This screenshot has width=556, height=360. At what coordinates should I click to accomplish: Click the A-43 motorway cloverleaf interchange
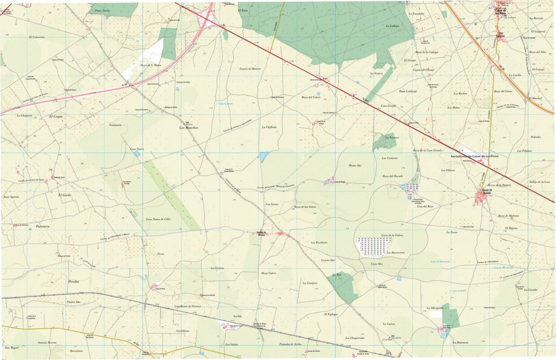pyautogui.click(x=207, y=20)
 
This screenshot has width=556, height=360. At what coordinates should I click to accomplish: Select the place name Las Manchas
pyautogui.click(x=189, y=127)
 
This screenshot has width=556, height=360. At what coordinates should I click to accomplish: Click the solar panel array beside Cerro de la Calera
pyautogui.click(x=373, y=246)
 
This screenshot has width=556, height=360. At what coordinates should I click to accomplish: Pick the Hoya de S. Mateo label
pyautogui.click(x=151, y=65)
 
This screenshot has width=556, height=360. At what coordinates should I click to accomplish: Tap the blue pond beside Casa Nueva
pyautogui.click(x=137, y=153)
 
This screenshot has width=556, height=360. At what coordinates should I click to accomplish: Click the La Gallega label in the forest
pyautogui.click(x=392, y=26)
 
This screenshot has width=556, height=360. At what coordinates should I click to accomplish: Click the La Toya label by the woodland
pyautogui.click(x=337, y=275)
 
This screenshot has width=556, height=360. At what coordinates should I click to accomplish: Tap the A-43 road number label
pyautogui.click(x=124, y=85)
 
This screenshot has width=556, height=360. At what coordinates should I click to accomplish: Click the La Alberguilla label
pyautogui.click(x=435, y=308)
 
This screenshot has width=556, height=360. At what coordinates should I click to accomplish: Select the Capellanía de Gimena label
pyautogui.click(x=187, y=306)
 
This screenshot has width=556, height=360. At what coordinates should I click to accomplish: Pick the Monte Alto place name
pyautogui.click(x=355, y=165)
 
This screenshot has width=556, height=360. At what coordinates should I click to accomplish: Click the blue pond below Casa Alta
pyautogui.click(x=398, y=278)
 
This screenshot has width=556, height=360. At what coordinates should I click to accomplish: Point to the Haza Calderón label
pyautogui.click(x=408, y=91)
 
